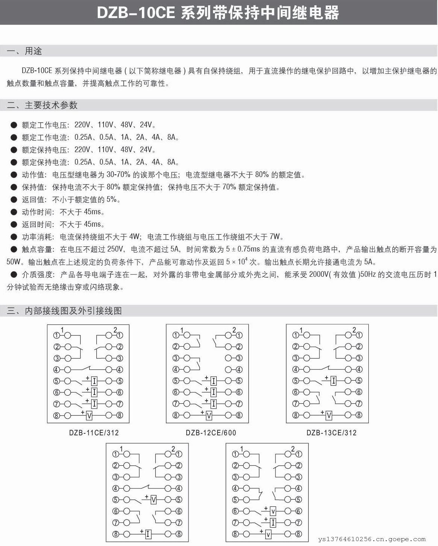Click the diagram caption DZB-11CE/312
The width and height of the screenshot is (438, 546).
[94, 433]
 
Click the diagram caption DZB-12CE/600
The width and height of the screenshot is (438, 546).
[211, 433]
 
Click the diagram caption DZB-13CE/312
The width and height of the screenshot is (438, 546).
[331, 433]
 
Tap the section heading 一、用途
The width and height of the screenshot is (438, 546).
[25, 51]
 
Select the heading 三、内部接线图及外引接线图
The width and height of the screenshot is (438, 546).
[64, 311]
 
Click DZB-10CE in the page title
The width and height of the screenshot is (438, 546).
[136, 13]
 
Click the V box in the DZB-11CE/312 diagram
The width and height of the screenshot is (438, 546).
[89, 416]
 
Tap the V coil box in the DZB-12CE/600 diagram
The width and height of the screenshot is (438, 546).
[209, 416]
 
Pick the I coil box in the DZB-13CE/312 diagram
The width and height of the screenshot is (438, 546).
[333, 381]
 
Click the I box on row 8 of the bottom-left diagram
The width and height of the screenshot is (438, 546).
[148, 534]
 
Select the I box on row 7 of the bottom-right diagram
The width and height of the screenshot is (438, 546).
[273, 523]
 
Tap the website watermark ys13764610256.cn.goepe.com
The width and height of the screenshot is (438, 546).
[372, 539]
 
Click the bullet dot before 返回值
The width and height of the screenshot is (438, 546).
[14, 199]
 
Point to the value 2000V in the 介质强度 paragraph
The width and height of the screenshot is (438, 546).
[318, 275]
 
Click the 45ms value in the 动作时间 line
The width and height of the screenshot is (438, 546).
[92, 212]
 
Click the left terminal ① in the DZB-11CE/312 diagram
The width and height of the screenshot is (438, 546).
[57, 335]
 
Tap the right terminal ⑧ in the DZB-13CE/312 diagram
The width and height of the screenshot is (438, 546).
[359, 415]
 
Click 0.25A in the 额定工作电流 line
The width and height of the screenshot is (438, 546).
[83, 137]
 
